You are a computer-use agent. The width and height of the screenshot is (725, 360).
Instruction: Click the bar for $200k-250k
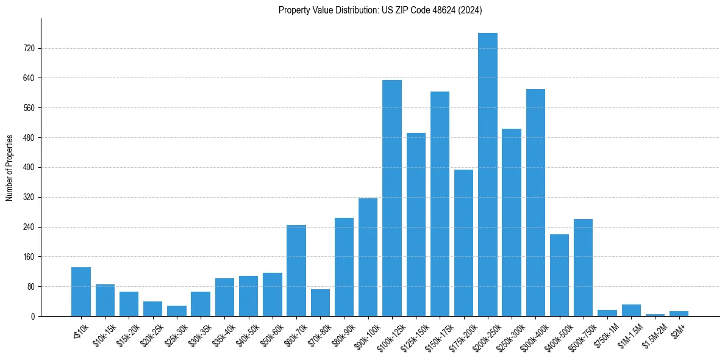[488, 175]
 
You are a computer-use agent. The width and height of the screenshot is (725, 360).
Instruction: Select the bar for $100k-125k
[392, 198]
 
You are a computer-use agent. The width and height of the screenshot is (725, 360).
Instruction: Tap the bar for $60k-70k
[296, 270]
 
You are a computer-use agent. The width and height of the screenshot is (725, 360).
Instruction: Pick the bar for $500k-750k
[584, 267]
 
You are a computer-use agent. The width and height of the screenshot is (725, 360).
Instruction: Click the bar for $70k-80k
[320, 303]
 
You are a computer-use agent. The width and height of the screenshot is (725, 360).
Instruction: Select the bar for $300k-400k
[535, 203]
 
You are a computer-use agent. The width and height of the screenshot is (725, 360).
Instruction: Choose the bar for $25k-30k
[177, 311]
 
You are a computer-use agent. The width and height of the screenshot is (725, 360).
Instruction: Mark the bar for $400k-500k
[559, 275]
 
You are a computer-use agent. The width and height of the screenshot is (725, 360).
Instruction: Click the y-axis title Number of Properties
[10, 168]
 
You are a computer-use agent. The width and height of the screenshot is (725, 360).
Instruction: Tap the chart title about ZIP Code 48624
[380, 10]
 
